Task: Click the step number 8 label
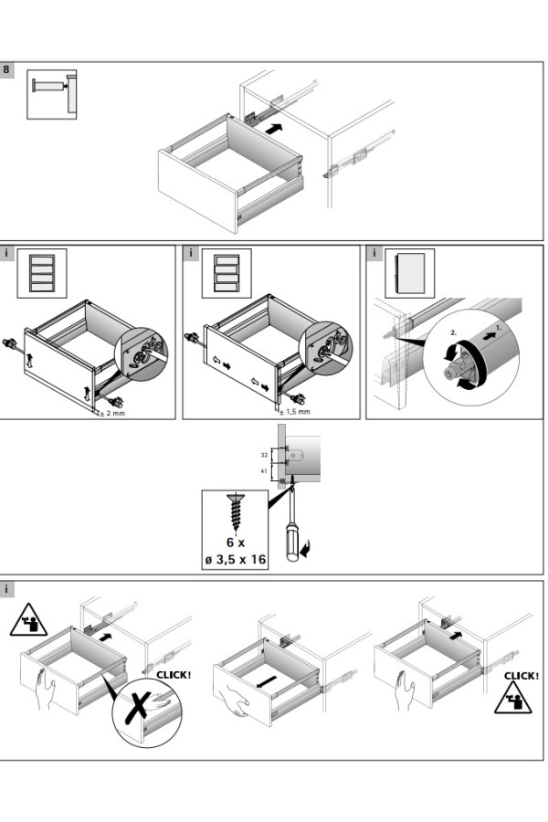tap(6, 69)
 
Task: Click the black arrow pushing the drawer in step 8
tap(274, 129)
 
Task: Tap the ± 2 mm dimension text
tap(112, 413)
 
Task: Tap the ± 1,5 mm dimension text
tap(295, 412)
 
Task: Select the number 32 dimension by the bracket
tap(264, 455)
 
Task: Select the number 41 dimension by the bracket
tap(264, 471)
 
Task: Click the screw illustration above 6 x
tap(236, 512)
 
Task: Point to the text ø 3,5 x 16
tap(236, 559)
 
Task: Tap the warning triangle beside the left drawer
tap(28, 620)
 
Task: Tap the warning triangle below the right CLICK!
tap(513, 698)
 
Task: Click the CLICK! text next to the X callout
tap(174, 675)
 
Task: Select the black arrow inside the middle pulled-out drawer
tap(267, 682)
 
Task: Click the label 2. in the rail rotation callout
tap(454, 332)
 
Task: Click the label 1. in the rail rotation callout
tap(499, 328)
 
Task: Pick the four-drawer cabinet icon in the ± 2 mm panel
tap(42, 273)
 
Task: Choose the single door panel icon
tap(409, 273)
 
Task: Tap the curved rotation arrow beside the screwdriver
tap(305, 548)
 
